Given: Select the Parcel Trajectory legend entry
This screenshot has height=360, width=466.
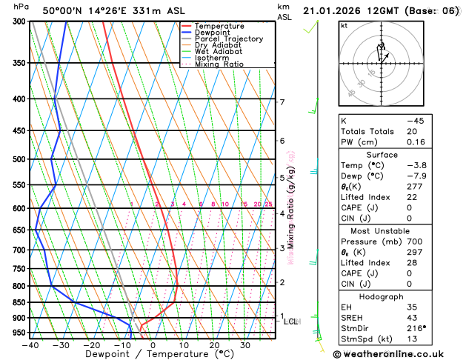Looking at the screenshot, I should (x=228, y=39).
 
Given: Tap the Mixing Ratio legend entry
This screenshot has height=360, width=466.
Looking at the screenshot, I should (x=219, y=64).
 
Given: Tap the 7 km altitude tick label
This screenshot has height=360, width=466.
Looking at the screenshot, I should (x=282, y=102).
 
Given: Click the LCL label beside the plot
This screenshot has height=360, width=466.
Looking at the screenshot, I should (x=291, y=321).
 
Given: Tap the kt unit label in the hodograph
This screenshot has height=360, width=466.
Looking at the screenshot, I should (x=344, y=25).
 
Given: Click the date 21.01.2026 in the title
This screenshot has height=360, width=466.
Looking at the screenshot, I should (x=333, y=10).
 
